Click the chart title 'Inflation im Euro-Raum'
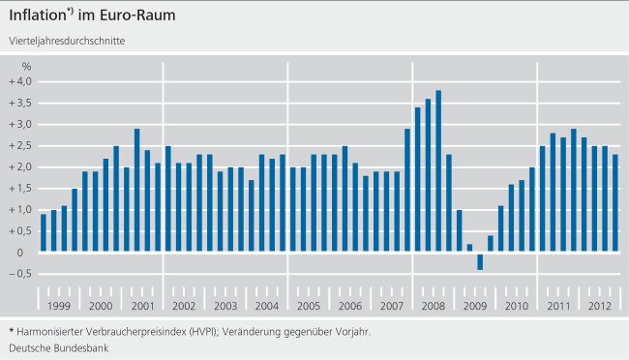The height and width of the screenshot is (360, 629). point(93,16)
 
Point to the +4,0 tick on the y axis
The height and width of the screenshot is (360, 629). point(20,81)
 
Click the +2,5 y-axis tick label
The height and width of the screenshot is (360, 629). point(20,145)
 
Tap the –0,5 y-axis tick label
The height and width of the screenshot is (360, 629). point(20,274)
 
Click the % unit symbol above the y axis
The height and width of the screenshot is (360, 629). point(27,66)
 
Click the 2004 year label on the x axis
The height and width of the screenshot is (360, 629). point(267,306)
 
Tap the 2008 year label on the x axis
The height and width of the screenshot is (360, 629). point(434,306)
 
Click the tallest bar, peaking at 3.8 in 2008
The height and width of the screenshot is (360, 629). point(438,170)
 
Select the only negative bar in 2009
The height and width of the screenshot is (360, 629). point(480,261)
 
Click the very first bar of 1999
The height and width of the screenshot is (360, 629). point(44,233)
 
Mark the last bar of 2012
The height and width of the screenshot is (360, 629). point(615,203)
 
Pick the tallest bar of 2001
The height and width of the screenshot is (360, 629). point(137,190)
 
